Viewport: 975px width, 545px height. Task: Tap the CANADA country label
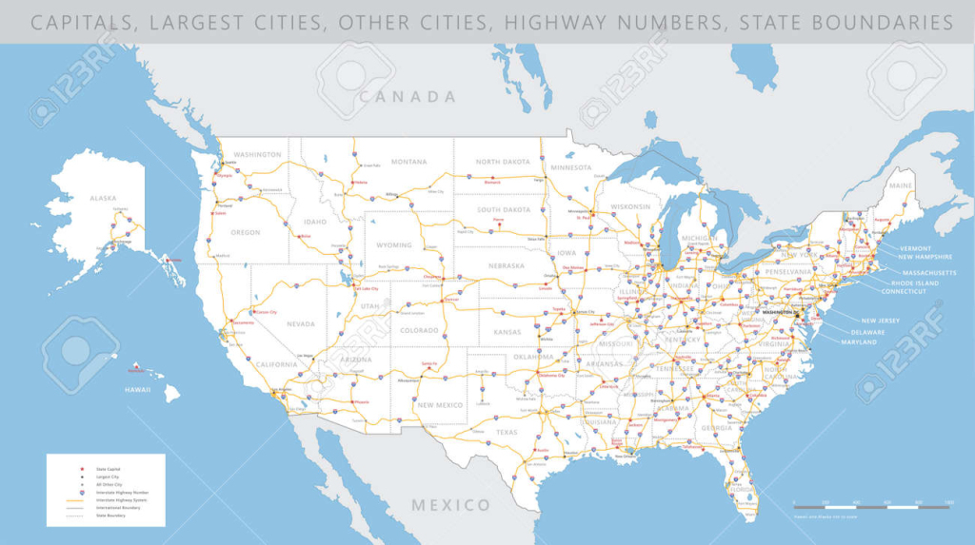[408, 96]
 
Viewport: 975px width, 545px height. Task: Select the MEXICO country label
[450, 505]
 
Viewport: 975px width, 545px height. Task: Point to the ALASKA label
[103, 198]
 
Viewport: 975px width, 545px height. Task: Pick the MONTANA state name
[408, 162]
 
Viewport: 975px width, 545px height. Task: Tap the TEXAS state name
[507, 432]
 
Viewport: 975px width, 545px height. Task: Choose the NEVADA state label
[300, 323]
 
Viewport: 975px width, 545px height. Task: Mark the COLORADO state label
[419, 330]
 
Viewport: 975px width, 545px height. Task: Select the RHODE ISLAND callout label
[915, 282]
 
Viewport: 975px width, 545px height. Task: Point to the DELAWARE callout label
[867, 332]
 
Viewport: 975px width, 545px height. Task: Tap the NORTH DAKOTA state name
[503, 162]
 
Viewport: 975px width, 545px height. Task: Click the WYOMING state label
[394, 244]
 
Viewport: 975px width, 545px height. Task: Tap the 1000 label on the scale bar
[947, 501]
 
